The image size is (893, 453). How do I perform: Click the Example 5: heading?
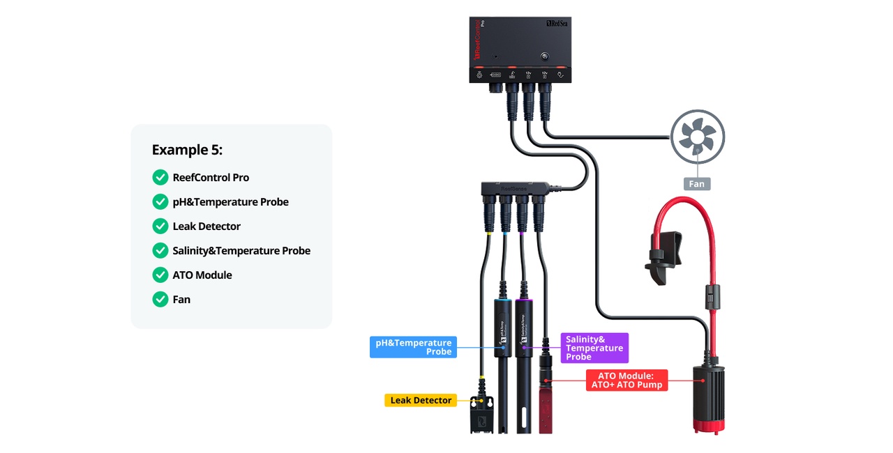point(187,150)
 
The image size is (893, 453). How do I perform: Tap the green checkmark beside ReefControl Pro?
point(160,177)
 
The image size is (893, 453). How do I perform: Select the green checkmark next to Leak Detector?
point(160,226)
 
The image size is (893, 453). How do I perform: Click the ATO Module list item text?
point(202,275)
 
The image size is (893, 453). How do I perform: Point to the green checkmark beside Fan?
point(160,299)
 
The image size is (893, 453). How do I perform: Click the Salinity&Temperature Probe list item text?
point(241,250)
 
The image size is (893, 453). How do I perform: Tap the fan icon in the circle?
point(697,136)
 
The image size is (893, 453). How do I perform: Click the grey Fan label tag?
point(697,184)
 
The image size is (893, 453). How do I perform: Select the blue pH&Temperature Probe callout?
point(413,347)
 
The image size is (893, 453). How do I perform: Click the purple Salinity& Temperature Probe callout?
point(594,348)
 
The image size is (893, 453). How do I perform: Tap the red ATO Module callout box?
point(626,380)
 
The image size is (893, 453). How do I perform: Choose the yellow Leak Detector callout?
point(421,400)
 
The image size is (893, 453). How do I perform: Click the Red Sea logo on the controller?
point(557,24)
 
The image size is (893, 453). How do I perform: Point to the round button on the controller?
point(545,55)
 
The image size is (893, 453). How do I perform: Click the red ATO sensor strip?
point(545,404)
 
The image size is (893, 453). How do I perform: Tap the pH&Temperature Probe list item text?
point(230,201)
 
